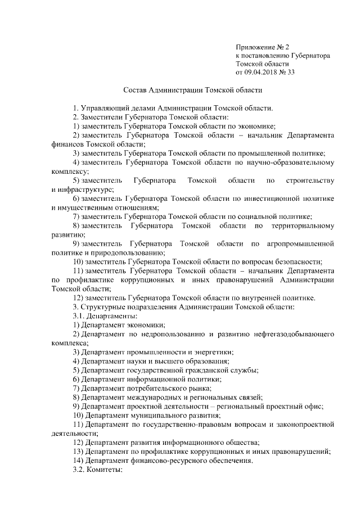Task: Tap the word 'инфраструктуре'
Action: pos(81,190)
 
